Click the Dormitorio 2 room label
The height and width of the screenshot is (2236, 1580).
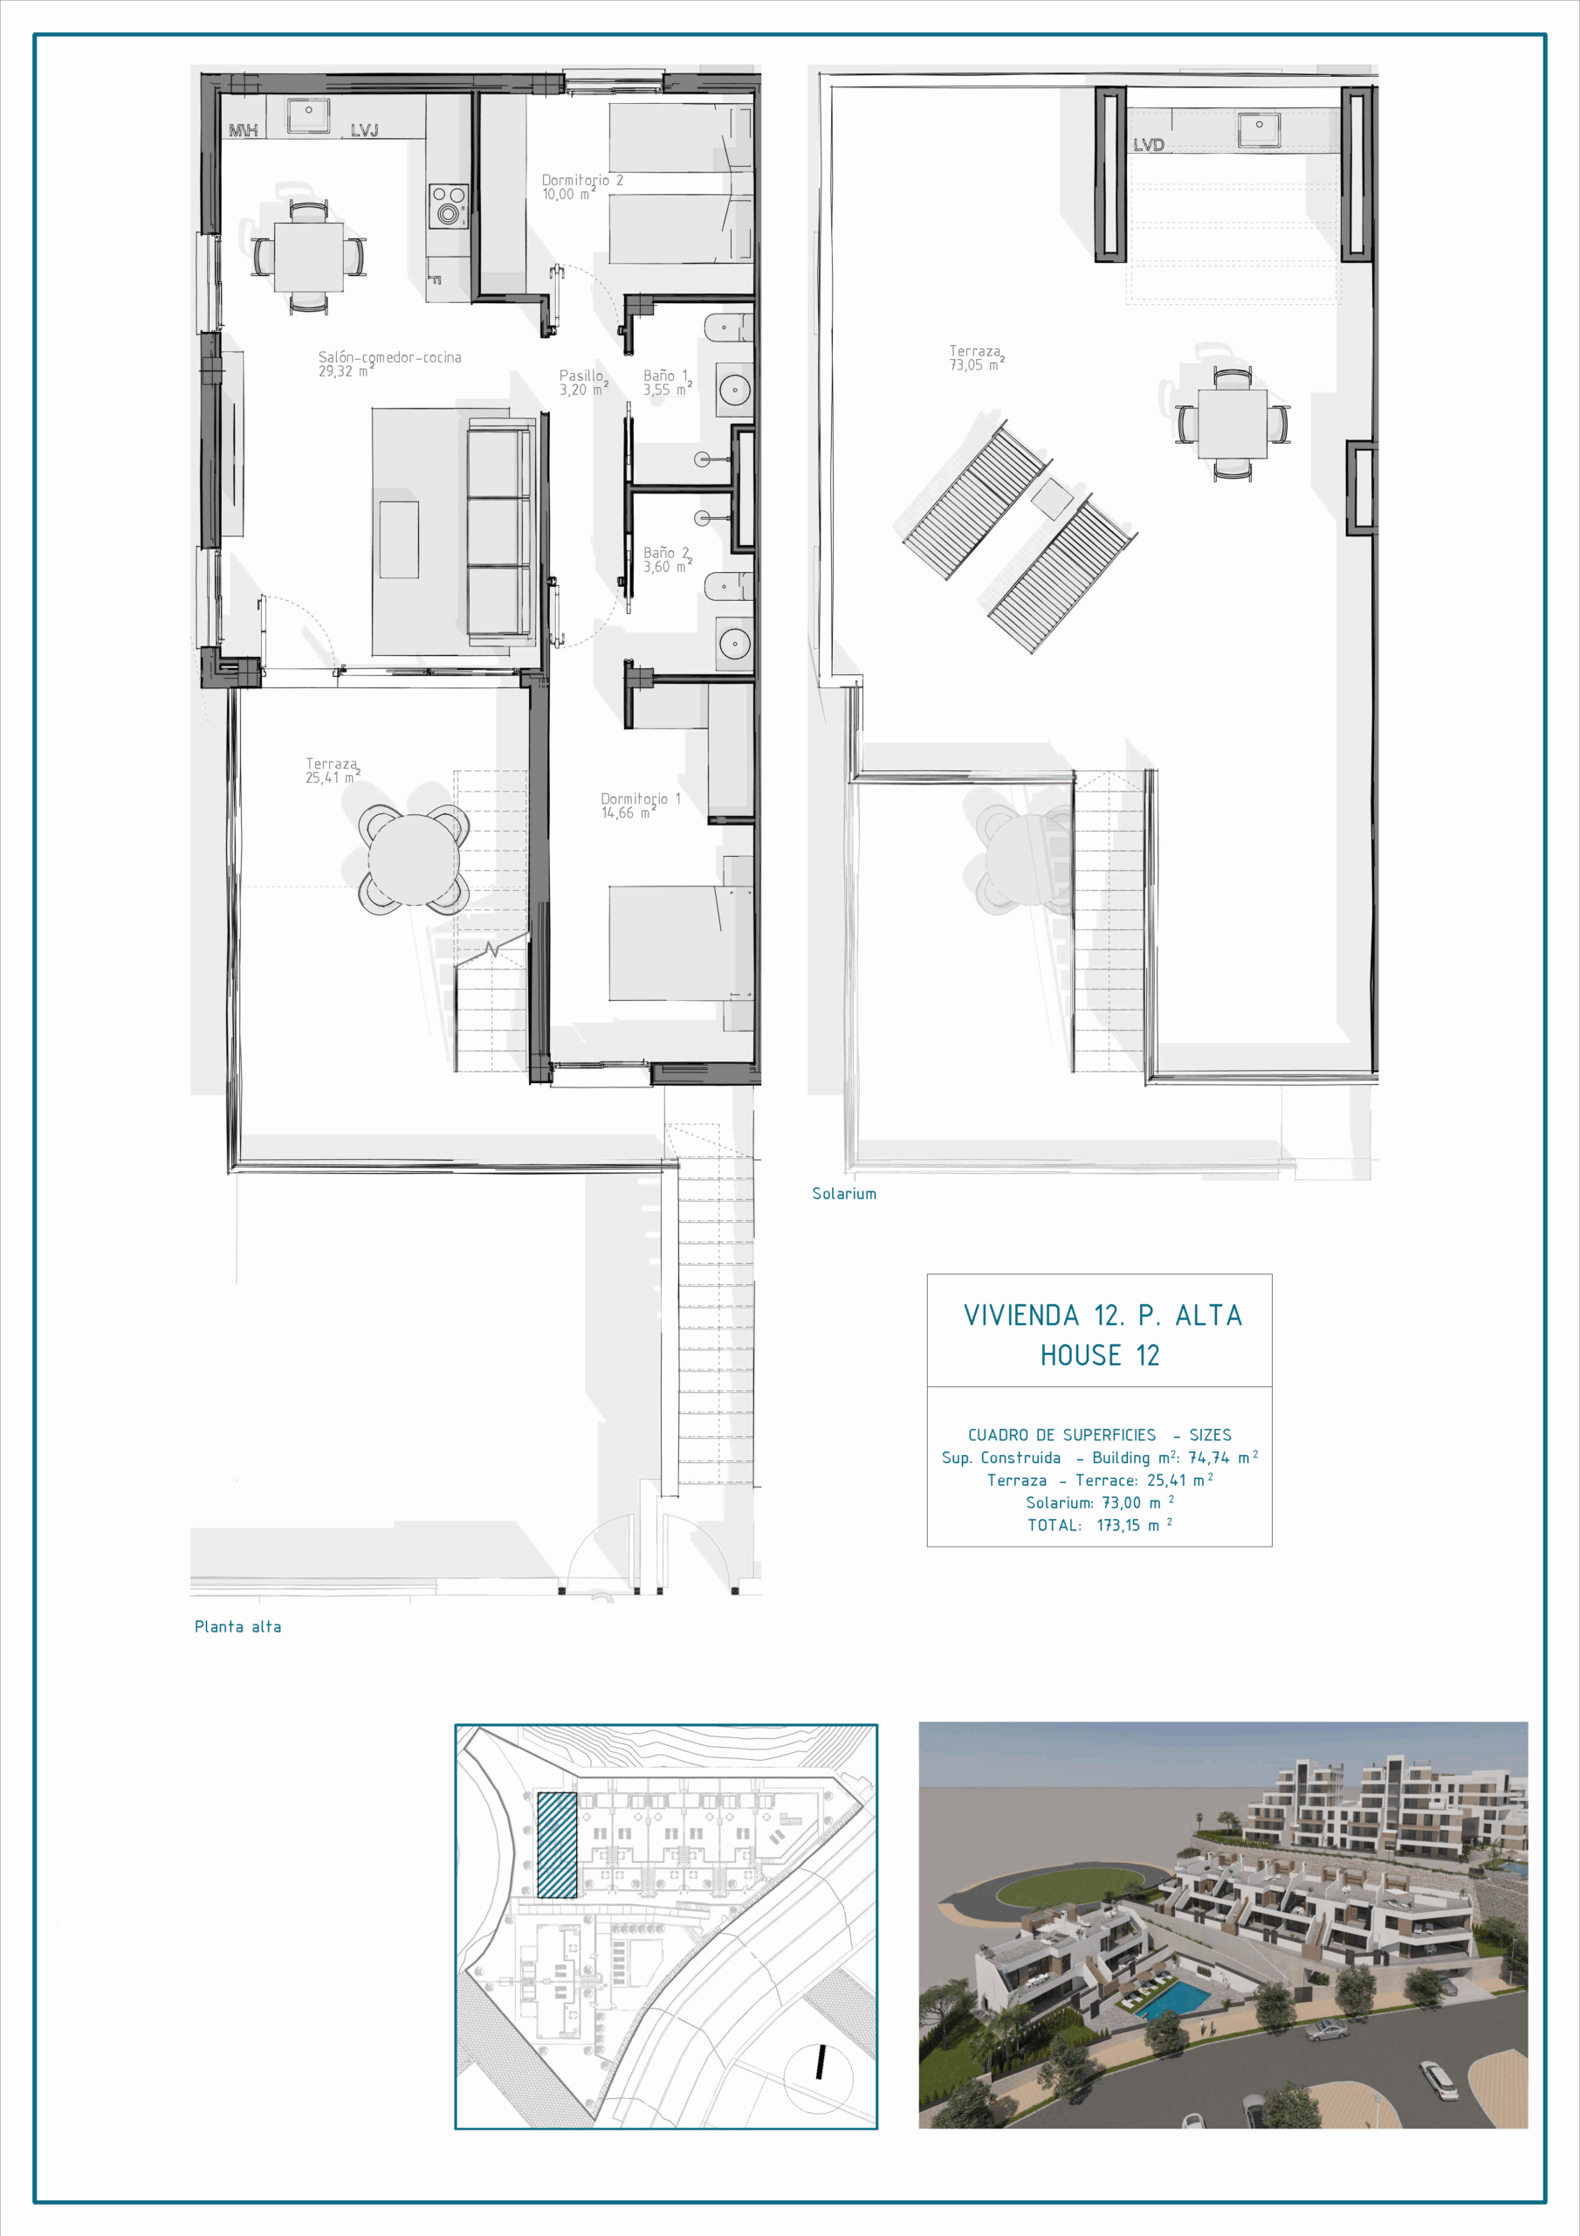582,187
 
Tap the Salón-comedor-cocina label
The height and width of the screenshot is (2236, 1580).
389,363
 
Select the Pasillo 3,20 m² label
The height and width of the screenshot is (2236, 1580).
583,382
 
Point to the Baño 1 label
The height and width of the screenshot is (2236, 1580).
668,382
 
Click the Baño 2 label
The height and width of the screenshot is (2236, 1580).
668,559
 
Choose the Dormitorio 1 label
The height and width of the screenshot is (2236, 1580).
641,805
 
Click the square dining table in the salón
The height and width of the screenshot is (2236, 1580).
309,257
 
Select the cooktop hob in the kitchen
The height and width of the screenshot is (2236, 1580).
449,205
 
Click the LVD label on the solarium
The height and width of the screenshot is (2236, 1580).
1149,145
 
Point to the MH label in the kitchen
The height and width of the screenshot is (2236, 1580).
244,129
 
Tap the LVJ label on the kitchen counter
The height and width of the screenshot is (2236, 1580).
364,129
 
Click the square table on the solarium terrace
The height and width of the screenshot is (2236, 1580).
1233,424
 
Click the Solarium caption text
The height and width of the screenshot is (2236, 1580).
844,1193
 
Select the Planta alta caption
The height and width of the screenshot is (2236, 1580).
237,1626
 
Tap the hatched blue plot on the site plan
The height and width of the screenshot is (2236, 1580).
557,1845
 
